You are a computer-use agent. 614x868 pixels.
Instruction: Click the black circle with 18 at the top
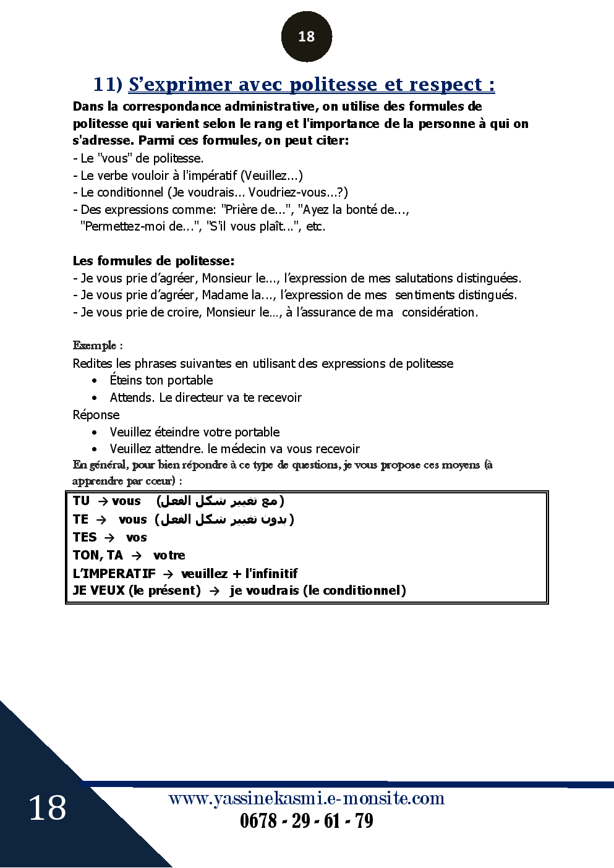click(306, 36)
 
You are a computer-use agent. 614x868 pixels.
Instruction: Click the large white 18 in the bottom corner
click(47, 808)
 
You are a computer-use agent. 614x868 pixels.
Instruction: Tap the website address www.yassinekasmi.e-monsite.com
click(306, 798)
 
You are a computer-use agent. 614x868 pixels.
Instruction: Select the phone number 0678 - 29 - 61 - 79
click(306, 821)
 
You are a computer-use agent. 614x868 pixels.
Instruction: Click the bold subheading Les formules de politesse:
click(153, 261)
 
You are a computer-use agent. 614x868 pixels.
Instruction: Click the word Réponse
click(96, 415)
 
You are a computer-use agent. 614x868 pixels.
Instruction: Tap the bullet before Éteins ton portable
click(95, 381)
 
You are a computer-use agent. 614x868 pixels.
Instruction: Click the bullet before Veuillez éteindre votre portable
click(95, 433)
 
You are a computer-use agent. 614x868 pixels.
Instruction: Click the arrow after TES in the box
click(109, 538)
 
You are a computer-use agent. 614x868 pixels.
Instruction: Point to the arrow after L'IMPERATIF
click(168, 574)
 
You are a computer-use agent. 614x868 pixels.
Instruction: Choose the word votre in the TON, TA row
click(169, 555)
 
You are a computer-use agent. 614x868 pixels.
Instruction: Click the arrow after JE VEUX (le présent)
click(215, 591)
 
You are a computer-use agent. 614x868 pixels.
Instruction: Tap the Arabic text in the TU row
click(220, 501)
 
